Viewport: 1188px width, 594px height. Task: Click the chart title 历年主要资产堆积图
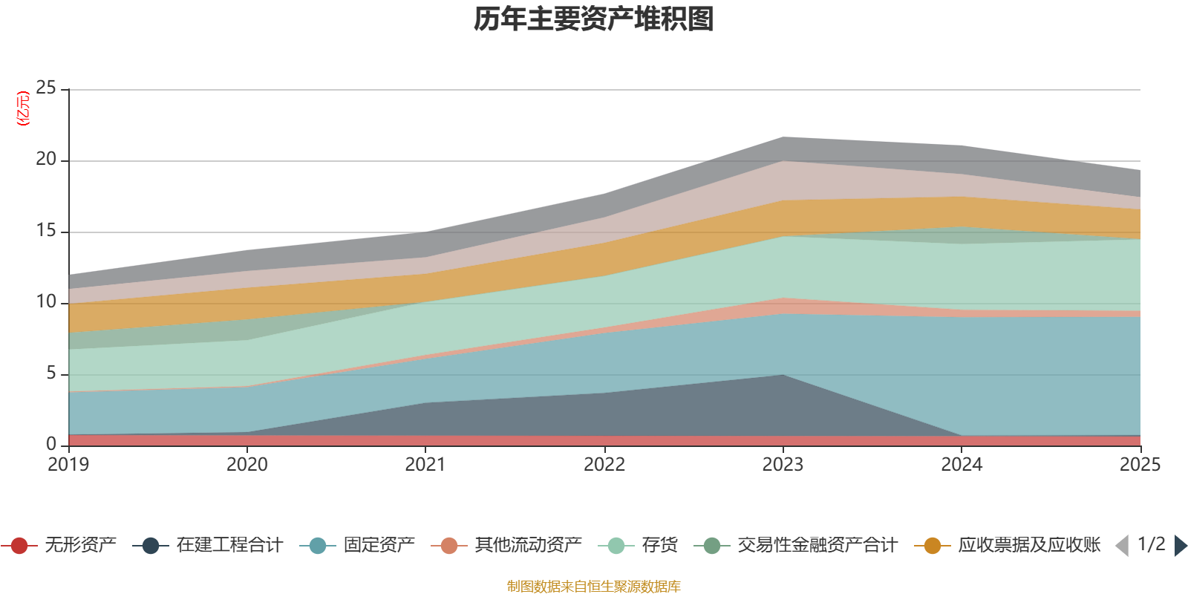(593, 19)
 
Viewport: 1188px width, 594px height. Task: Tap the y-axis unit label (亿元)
(23, 108)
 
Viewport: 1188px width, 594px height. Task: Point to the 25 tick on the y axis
(45, 88)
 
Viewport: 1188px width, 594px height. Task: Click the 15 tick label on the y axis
(45, 230)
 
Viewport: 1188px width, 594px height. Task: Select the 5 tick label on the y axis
(51, 373)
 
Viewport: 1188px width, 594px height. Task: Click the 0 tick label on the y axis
(51, 443)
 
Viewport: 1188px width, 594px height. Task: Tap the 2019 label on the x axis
(68, 464)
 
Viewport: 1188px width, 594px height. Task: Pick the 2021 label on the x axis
(425, 464)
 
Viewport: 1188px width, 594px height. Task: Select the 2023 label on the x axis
(783, 464)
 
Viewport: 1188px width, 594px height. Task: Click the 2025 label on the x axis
(1140, 464)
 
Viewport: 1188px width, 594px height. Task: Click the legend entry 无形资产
(59, 545)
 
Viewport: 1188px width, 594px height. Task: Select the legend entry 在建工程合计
(208, 545)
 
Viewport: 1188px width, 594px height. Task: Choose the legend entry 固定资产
(357, 545)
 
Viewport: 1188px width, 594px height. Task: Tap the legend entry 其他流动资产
(506, 545)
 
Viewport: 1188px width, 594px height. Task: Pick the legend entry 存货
(638, 545)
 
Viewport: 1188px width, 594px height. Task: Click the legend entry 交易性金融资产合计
(795, 545)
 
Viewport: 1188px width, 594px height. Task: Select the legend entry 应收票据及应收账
(1008, 545)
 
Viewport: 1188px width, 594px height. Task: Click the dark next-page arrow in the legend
(1180, 546)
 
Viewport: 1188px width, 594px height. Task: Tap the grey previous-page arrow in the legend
(1123, 546)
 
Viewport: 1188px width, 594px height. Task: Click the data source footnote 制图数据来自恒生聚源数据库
(593, 586)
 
